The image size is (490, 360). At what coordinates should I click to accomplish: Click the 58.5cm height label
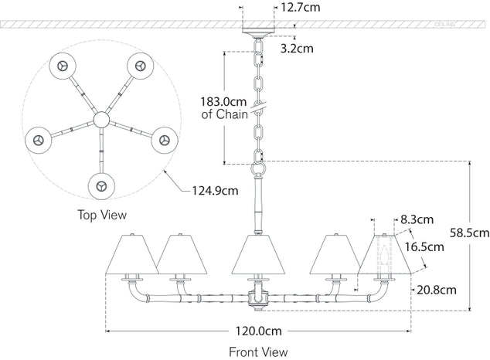(x=469, y=231)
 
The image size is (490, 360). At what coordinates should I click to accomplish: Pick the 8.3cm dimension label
(x=417, y=219)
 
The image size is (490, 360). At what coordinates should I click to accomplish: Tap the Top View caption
(x=102, y=214)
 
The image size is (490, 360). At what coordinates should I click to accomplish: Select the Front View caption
(x=258, y=352)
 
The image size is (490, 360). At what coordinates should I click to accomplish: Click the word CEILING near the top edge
(x=465, y=24)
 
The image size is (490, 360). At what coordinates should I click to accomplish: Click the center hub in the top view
(x=102, y=120)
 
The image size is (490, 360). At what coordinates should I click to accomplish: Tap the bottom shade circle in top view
(x=101, y=185)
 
